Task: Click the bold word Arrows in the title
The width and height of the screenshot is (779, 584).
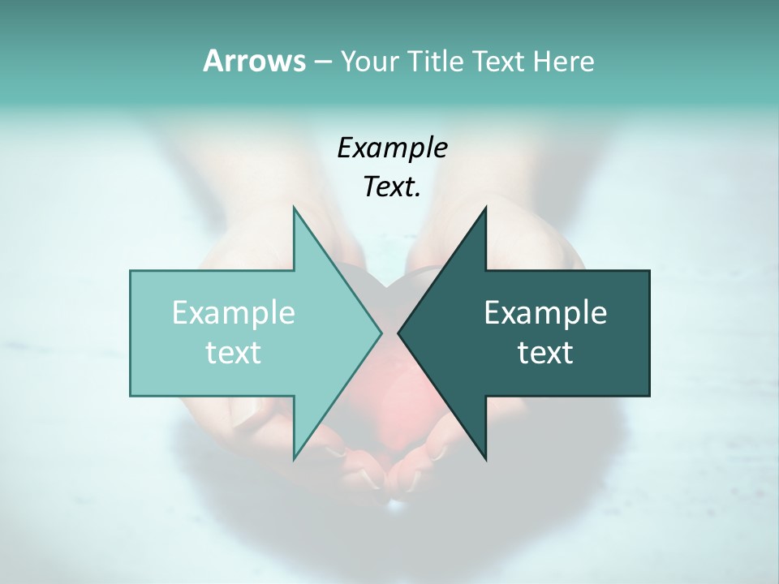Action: pyautogui.click(x=253, y=61)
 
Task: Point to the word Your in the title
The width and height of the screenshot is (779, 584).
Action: pyautogui.click(x=369, y=61)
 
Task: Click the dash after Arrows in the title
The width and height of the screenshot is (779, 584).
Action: pyautogui.click(x=322, y=62)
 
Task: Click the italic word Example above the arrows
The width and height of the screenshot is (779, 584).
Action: pyautogui.click(x=392, y=148)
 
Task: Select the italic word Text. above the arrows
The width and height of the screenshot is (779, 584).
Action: pyautogui.click(x=392, y=187)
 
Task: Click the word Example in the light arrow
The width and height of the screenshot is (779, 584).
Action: pyautogui.click(x=234, y=312)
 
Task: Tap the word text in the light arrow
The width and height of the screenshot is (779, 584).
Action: pyautogui.click(x=234, y=353)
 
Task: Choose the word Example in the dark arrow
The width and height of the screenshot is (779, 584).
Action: pyautogui.click(x=545, y=312)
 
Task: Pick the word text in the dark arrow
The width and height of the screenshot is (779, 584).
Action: pyautogui.click(x=545, y=353)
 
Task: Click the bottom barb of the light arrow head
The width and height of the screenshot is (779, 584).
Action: pyautogui.click(x=295, y=456)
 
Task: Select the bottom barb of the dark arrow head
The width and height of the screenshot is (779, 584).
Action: pyautogui.click(x=484, y=456)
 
